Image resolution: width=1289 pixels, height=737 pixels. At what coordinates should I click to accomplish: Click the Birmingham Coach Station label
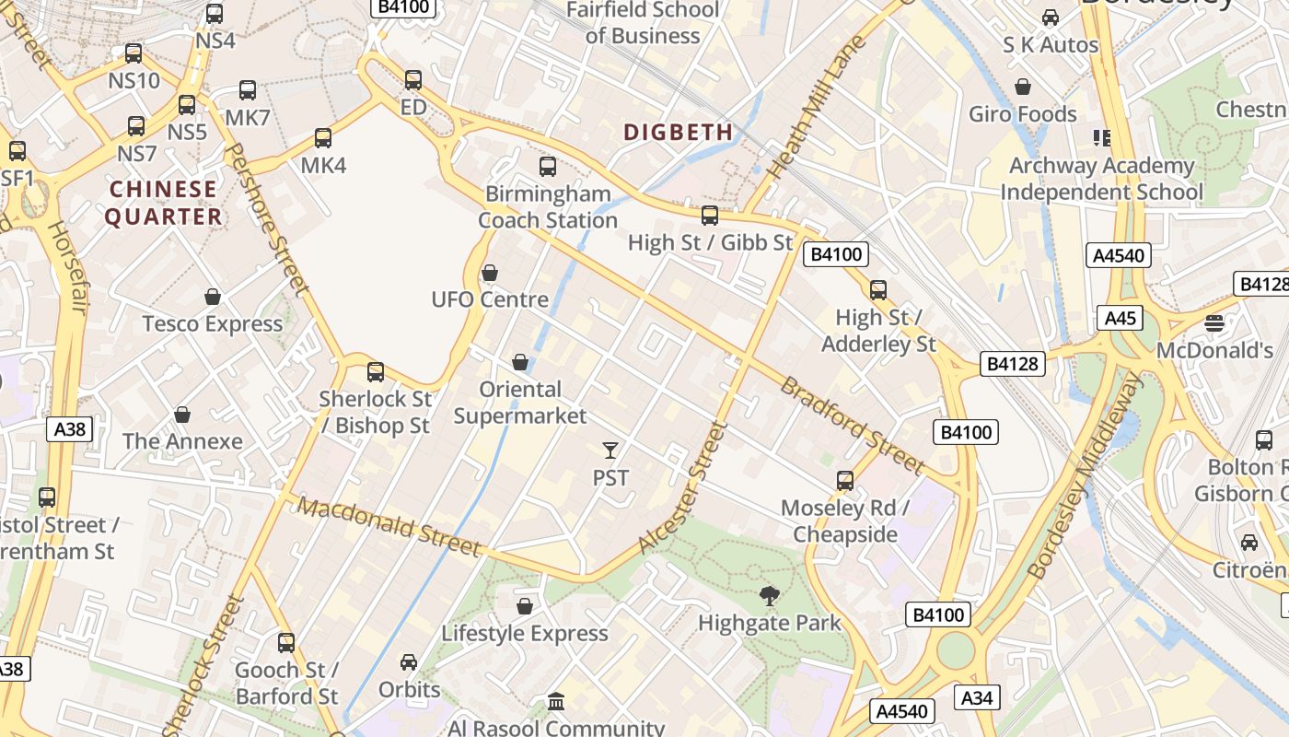pos(548,207)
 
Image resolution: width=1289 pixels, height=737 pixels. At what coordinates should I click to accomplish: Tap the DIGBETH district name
pos(679,133)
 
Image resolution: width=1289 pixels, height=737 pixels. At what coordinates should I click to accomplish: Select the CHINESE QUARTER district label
pos(163,204)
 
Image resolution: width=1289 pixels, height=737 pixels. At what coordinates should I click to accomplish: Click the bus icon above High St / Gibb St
pos(710,216)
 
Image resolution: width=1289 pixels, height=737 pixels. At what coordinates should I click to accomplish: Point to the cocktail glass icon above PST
pos(610,450)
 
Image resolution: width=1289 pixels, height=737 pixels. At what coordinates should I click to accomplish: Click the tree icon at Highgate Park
pos(770,597)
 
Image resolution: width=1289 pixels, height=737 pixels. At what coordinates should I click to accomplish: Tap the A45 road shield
pos(1120,319)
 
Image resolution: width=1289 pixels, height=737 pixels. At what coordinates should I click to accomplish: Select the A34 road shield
pos(976,698)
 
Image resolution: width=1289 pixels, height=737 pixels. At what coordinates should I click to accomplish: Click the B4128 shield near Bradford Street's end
pos(1013,364)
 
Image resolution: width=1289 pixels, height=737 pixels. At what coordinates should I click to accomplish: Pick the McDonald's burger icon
pos(1214,323)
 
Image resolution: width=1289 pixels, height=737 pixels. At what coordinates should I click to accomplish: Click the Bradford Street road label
pos(852,425)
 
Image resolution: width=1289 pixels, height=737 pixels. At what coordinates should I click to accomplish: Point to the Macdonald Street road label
pos(389,527)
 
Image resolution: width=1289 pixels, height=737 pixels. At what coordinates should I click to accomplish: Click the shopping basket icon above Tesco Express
pos(213,297)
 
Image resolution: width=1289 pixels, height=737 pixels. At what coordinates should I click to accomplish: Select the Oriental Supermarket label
pos(520,403)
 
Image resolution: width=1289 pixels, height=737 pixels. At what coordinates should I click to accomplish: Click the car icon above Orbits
pos(409,662)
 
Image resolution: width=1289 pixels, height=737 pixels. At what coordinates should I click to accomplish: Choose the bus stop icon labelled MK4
pos(323,138)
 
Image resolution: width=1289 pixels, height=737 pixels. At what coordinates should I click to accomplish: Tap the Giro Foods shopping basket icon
pos(1022,88)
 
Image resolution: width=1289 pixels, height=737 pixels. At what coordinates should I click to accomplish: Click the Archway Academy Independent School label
pos(1101,179)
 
